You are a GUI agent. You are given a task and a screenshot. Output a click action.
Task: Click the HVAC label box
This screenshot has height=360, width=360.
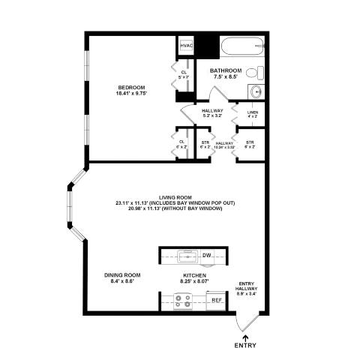[x=187, y=46]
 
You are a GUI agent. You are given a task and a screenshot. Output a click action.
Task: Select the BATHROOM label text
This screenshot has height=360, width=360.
[x=226, y=70]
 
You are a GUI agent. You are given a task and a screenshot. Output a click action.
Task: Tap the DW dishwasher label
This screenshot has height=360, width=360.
[x=207, y=256]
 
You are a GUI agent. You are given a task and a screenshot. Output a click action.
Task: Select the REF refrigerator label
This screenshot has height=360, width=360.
[x=216, y=300]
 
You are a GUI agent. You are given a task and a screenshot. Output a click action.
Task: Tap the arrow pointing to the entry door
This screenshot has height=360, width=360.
[x=245, y=334]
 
